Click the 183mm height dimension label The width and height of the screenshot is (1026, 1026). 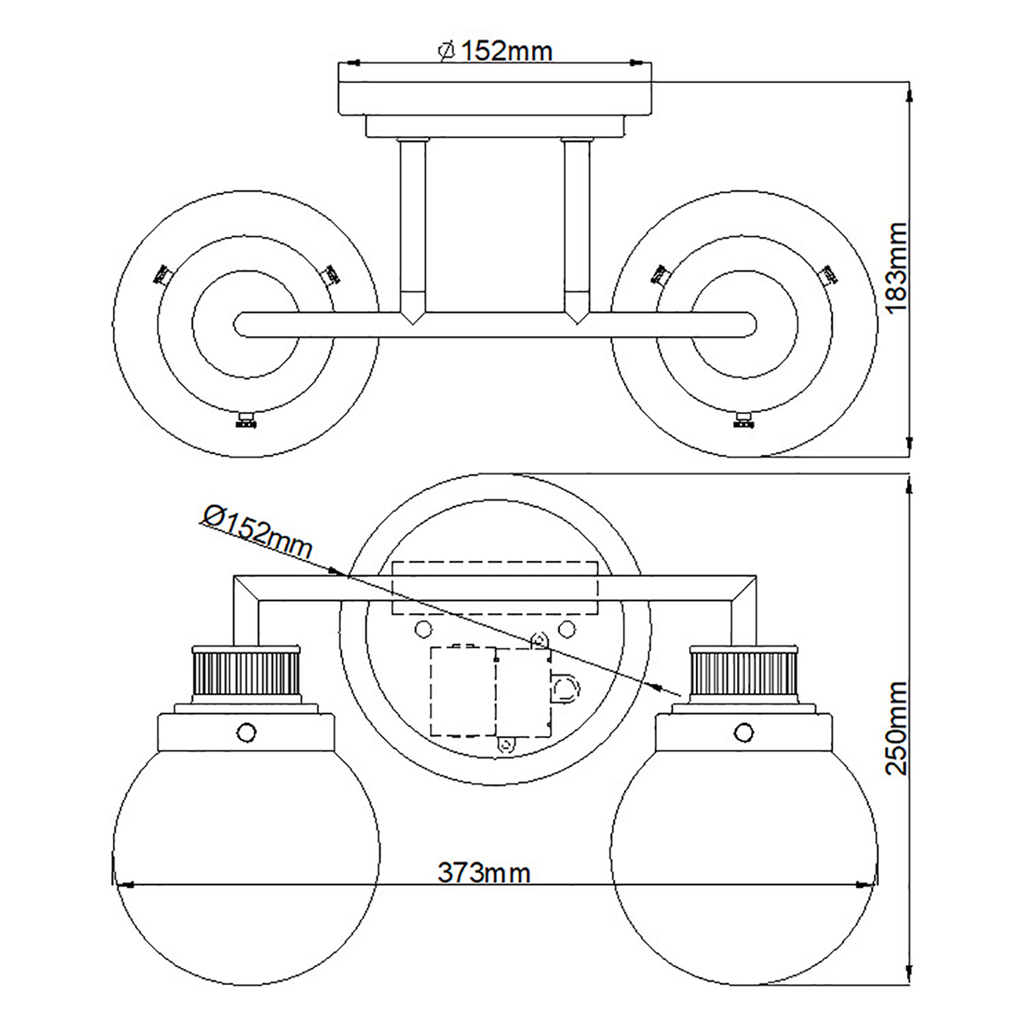click(895, 268)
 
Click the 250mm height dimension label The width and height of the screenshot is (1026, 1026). click(895, 727)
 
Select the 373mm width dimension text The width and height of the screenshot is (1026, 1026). click(484, 873)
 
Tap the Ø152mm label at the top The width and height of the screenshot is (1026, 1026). click(496, 51)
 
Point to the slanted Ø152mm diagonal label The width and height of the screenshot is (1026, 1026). click(257, 531)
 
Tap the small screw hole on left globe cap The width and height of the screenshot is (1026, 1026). click(246, 732)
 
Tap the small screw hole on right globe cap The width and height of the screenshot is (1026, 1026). click(746, 732)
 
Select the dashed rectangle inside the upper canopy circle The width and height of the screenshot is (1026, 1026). click(493, 588)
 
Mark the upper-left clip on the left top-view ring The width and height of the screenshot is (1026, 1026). click(162, 274)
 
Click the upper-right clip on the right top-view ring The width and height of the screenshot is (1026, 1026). click(827, 274)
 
